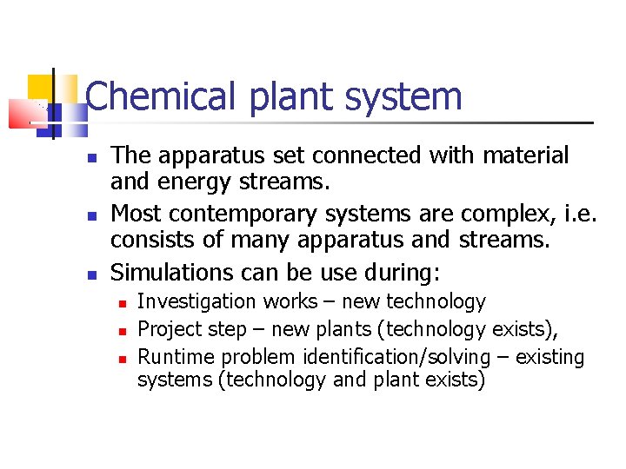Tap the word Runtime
coord(176,357)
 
